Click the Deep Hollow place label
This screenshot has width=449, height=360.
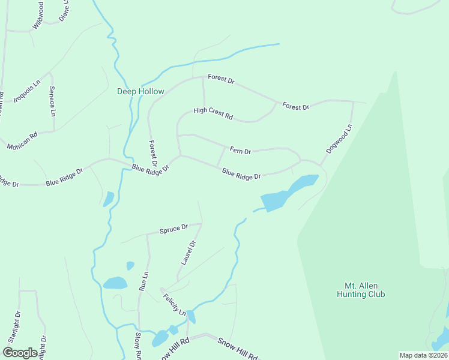coord(140,91)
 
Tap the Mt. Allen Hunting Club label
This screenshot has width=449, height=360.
coord(360,290)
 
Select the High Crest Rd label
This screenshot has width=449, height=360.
coord(212,113)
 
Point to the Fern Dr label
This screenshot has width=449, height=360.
coord(240,151)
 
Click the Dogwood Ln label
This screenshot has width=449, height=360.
coord(339,137)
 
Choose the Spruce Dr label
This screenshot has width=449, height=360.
coord(173,229)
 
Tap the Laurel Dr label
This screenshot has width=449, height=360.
coord(188,253)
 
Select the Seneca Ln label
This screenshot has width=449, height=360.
coord(53,102)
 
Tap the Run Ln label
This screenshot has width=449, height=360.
coord(143,281)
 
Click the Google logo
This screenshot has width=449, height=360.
coord(20,352)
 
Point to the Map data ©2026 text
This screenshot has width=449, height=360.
coord(423,355)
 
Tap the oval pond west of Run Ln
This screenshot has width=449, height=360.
coord(115,283)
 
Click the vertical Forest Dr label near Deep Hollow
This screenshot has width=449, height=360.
coord(154,154)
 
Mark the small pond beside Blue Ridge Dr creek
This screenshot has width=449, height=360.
coord(108,199)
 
